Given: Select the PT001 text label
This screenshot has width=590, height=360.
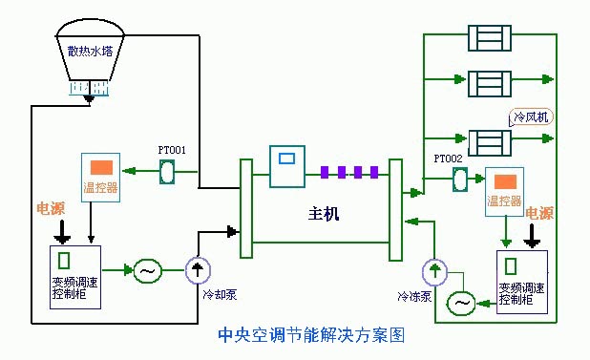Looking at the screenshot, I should (172, 150).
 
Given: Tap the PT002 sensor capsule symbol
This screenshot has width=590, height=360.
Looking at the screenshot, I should (459, 179).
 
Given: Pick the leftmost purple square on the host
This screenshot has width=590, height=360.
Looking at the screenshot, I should (325, 172).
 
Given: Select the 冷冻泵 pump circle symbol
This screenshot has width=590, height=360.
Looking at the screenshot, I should (435, 272).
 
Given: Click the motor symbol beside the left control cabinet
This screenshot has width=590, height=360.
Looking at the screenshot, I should (147, 271).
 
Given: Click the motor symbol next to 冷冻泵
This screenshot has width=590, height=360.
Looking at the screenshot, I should (462, 303).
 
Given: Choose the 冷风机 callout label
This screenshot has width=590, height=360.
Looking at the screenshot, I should (532, 117).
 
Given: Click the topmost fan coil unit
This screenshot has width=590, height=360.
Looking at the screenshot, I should (492, 39).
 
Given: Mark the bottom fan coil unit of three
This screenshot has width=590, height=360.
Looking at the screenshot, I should (492, 141).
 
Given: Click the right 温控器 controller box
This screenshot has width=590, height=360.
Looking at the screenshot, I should (504, 189).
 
